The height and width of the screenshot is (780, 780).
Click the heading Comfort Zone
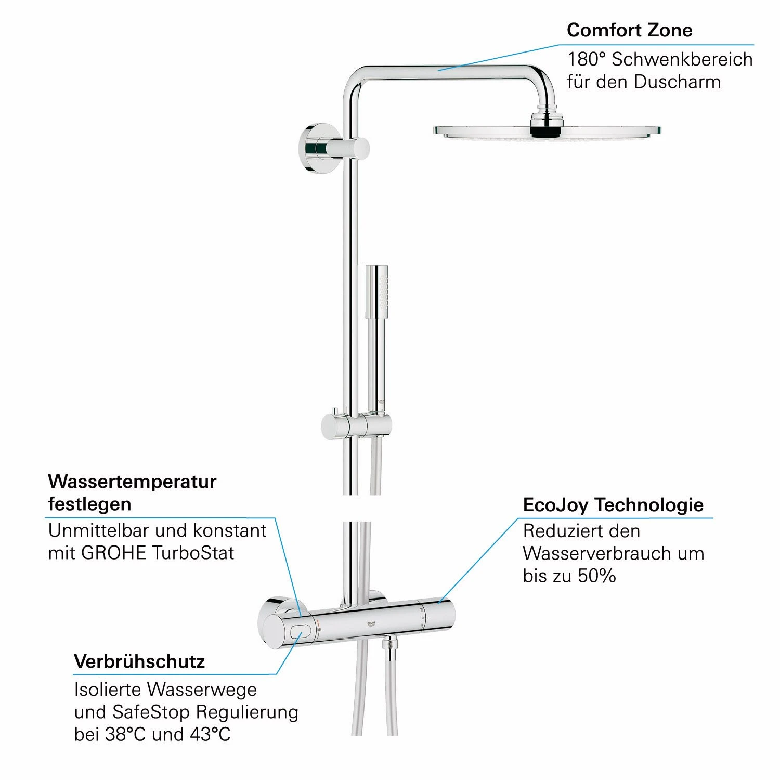point(629,30)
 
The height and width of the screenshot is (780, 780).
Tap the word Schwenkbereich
point(682,59)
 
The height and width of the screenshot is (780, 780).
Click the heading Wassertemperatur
point(132,482)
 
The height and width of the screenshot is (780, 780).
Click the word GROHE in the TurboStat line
point(114,553)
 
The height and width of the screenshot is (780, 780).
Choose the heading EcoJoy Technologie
point(613,505)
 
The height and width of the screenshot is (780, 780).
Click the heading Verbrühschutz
point(139,661)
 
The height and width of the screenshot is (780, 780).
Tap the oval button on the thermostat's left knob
point(300,632)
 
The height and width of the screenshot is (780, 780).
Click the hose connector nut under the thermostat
point(387,645)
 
